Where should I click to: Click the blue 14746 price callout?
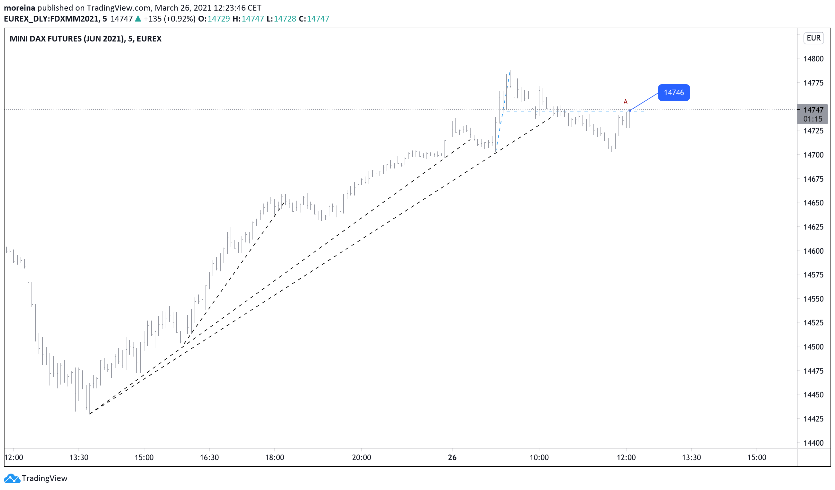[673, 93]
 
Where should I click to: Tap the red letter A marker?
[625, 102]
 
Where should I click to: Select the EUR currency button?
[813, 38]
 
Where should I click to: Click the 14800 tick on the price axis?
[813, 59]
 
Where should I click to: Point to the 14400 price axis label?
[813, 443]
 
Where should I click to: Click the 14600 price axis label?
[813, 251]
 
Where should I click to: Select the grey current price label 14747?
[813, 110]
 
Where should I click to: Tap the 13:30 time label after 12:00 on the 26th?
[691, 458]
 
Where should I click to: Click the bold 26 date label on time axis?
[452, 458]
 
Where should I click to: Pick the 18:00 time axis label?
[274, 458]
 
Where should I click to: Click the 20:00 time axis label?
[361, 458]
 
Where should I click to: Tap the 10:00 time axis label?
[539, 458]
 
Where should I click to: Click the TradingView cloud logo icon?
[12, 478]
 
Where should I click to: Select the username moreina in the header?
[19, 8]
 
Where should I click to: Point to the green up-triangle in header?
[138, 19]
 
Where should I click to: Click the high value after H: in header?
[252, 19]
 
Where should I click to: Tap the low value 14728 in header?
[285, 19]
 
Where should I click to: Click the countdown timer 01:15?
[812, 119]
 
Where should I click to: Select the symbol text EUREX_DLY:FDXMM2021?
[51, 19]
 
